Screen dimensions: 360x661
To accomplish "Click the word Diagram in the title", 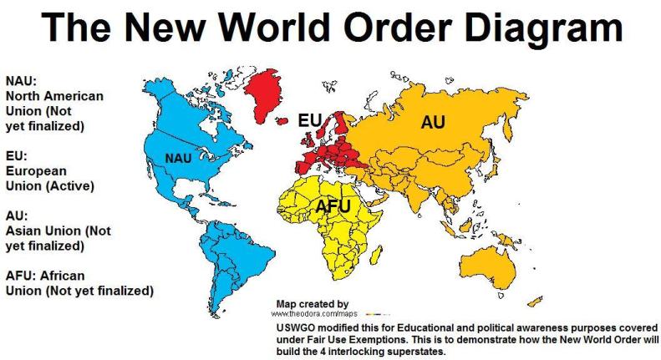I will tap(535, 31).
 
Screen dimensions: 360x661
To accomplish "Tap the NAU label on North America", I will tap(179, 157).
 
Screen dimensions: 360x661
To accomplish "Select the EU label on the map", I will tap(311, 122).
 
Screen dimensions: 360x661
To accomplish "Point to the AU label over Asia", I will tap(432, 122).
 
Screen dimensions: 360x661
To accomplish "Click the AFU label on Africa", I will tap(333, 205).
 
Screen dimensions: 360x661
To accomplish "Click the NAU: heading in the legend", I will tap(20, 82).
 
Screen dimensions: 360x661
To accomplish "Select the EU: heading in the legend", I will tap(16, 155).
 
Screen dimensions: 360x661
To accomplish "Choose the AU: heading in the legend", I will tap(16, 215).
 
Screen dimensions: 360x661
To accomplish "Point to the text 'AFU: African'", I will tap(45, 276).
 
